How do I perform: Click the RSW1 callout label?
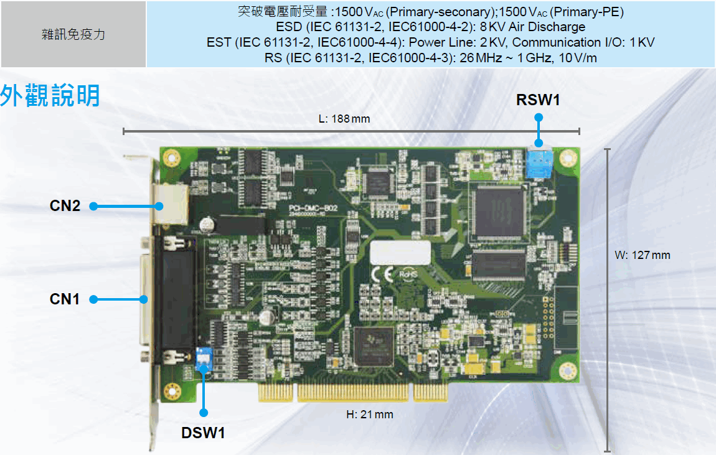(538, 100)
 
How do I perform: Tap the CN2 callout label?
(65, 206)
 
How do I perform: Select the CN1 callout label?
(65, 299)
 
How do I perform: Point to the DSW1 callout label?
(203, 433)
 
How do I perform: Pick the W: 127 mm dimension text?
(643, 255)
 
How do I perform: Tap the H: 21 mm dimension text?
(370, 414)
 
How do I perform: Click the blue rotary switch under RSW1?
(539, 164)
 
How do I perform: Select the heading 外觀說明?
(50, 96)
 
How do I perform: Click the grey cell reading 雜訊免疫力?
(73, 34)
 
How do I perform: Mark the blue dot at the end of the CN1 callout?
(94, 299)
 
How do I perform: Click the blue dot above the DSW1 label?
(204, 412)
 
